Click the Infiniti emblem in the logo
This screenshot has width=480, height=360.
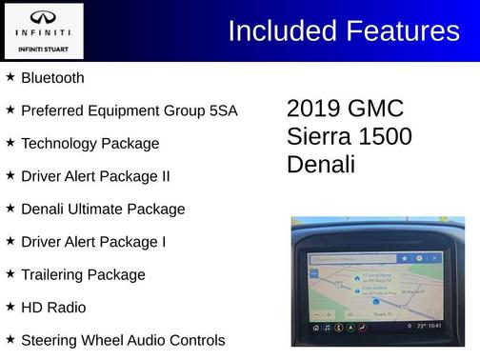[44, 18]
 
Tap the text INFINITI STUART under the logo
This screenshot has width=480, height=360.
[44, 48]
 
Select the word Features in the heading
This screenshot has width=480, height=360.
[400, 30]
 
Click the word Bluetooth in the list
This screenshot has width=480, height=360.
[52, 78]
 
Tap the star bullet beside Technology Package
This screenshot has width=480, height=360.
[10, 143]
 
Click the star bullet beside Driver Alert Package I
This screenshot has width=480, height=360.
[10, 241]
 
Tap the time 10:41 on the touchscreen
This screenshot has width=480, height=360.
[434, 326]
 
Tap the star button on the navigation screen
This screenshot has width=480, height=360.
[404, 258]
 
